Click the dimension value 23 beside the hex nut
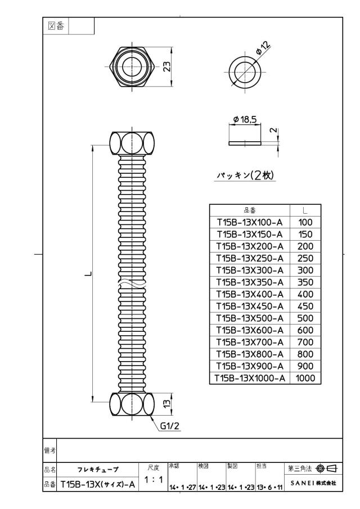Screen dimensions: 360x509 point(167,66)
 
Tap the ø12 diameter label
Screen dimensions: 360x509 point(263,48)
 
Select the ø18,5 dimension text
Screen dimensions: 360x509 point(245,119)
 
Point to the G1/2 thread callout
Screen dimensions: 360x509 point(170,426)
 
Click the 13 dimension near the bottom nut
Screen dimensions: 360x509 point(166,403)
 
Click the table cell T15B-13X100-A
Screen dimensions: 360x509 point(250,222)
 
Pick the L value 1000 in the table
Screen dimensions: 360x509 point(305,378)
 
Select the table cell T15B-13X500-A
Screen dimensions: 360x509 point(250,318)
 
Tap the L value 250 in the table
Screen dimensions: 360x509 point(305,258)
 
